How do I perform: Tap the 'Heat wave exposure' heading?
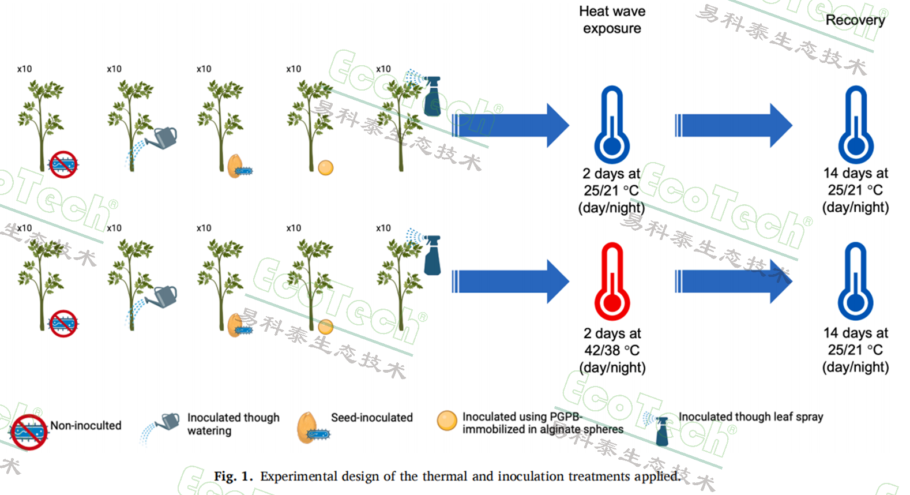[612, 20]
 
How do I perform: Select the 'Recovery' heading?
[855, 20]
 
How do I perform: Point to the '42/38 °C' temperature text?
[612, 350]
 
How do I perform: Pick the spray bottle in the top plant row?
[432, 96]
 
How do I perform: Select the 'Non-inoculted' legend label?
[86, 426]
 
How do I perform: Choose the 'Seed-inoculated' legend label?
[371, 417]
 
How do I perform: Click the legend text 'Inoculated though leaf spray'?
[750, 417]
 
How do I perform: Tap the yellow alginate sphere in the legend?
[447, 421]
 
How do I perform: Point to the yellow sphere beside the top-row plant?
[326, 168]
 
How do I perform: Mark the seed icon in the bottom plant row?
[234, 325]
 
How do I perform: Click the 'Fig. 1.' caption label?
[233, 477]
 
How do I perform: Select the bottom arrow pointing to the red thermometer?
[510, 282]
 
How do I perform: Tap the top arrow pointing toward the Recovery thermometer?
[733, 125]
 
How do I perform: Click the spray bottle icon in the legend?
[661, 430]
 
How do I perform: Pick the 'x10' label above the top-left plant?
[24, 69]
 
